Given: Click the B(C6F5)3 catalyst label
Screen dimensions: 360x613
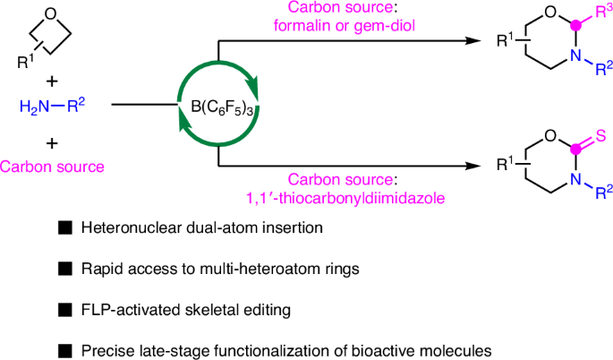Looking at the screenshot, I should click(218, 113).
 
